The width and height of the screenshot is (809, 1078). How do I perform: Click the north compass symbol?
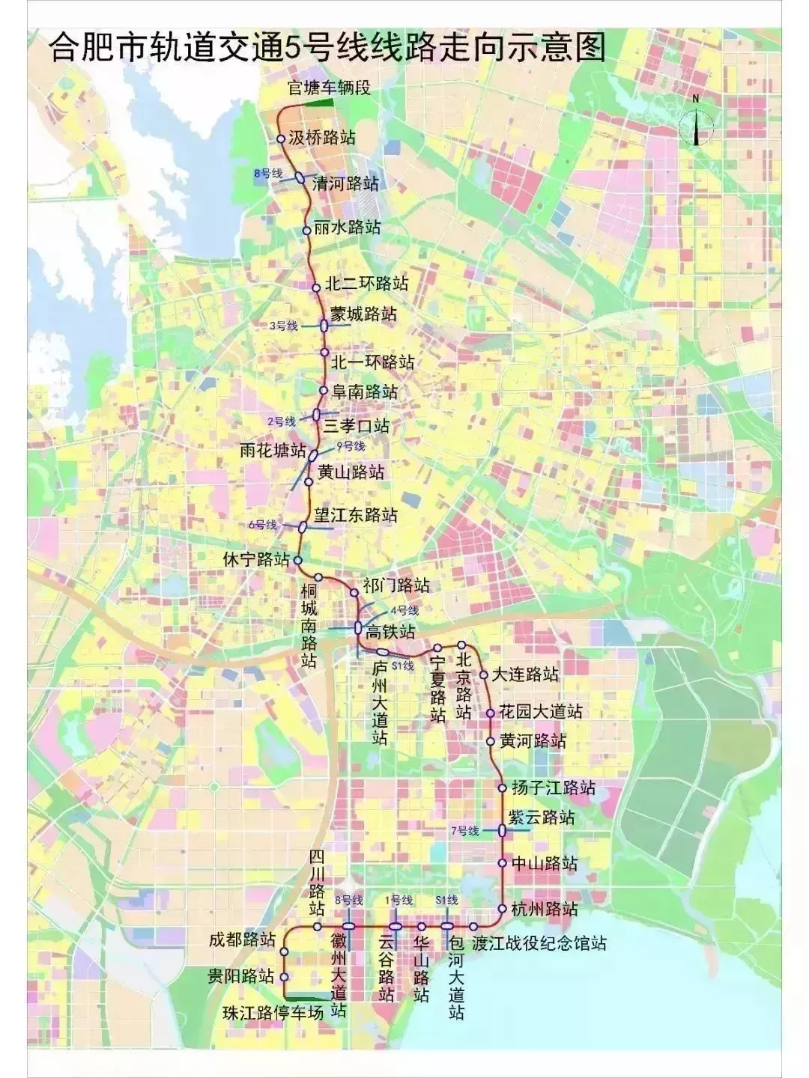[x=696, y=124]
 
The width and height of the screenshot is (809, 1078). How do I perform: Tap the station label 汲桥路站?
[x=322, y=138]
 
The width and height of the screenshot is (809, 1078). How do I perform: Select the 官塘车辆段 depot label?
[x=330, y=88]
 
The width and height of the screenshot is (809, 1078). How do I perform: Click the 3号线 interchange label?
[x=284, y=326]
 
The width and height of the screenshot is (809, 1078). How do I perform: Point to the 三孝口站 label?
[x=357, y=426]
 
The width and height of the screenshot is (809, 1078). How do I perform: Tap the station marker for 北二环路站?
[x=316, y=285]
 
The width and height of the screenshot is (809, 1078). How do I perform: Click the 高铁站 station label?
[x=390, y=631]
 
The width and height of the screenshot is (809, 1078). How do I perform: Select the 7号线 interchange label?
[x=464, y=831]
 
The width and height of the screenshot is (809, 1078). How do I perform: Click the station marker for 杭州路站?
[x=502, y=909]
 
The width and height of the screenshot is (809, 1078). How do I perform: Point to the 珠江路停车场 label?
[x=273, y=1014]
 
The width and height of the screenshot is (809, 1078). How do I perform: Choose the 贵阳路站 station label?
[x=240, y=977]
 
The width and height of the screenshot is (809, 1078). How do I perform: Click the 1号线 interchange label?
[x=399, y=900]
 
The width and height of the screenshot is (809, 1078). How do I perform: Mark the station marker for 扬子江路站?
[x=502, y=788]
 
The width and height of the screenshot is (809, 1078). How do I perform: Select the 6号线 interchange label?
[x=262, y=525]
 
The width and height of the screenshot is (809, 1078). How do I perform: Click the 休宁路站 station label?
[x=256, y=559]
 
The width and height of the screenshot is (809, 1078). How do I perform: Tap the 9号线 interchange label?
[x=351, y=446]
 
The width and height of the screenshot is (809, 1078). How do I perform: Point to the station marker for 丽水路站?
[x=306, y=231]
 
